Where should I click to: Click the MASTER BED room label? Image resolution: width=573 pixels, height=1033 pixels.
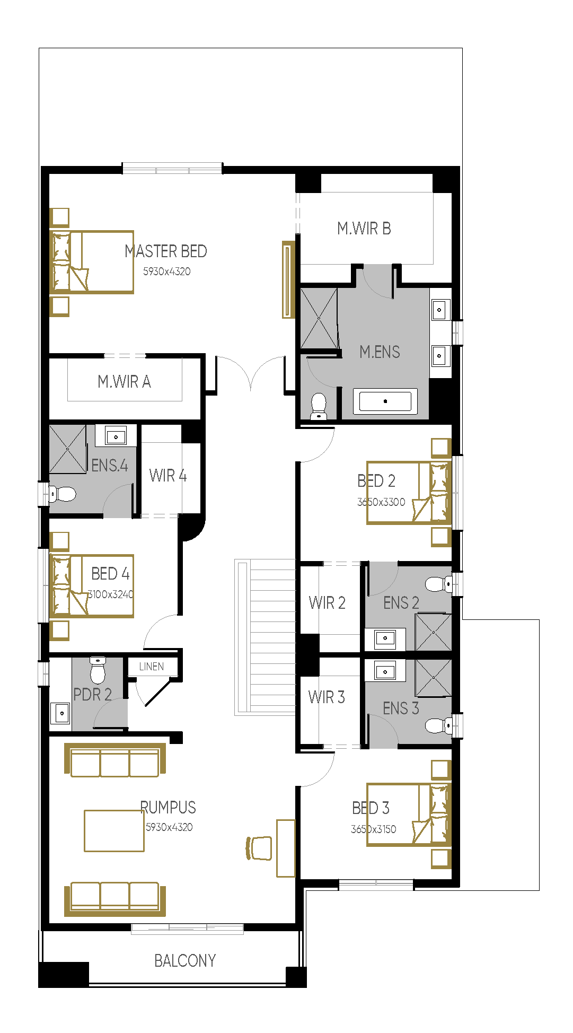pyautogui.click(x=166, y=251)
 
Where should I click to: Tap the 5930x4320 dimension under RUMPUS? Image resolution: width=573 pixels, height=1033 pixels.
pyautogui.click(x=169, y=827)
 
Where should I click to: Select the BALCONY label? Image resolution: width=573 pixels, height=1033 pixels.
pyautogui.click(x=185, y=960)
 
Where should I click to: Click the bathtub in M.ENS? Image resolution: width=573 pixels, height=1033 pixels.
pyautogui.click(x=385, y=401)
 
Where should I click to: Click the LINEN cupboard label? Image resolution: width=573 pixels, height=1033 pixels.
pyautogui.click(x=152, y=667)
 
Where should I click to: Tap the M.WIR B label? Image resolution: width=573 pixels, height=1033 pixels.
pyautogui.click(x=364, y=229)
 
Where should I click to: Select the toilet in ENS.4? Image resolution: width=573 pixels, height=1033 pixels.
pyautogui.click(x=62, y=494)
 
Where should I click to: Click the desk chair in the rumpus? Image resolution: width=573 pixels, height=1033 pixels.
pyautogui.click(x=259, y=847)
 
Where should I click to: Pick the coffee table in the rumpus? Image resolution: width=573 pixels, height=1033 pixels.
pyautogui.click(x=114, y=830)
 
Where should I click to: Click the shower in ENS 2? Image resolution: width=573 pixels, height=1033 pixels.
pyautogui.click(x=434, y=632)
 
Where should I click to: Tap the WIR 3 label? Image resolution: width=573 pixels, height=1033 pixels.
pyautogui.click(x=327, y=697)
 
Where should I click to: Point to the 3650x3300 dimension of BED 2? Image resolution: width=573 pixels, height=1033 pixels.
pyautogui.click(x=381, y=502)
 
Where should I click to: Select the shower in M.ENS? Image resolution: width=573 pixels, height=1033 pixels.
pyautogui.click(x=319, y=318)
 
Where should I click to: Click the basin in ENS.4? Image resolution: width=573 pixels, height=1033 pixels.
pyautogui.click(x=116, y=436)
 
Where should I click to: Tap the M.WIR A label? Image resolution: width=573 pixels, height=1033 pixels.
pyautogui.click(x=125, y=381)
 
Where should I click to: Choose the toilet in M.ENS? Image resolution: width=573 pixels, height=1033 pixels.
pyautogui.click(x=319, y=406)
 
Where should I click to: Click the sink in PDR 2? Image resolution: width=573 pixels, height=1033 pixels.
pyautogui.click(x=61, y=713)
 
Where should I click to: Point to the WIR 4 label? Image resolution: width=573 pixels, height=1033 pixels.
pyautogui.click(x=168, y=476)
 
